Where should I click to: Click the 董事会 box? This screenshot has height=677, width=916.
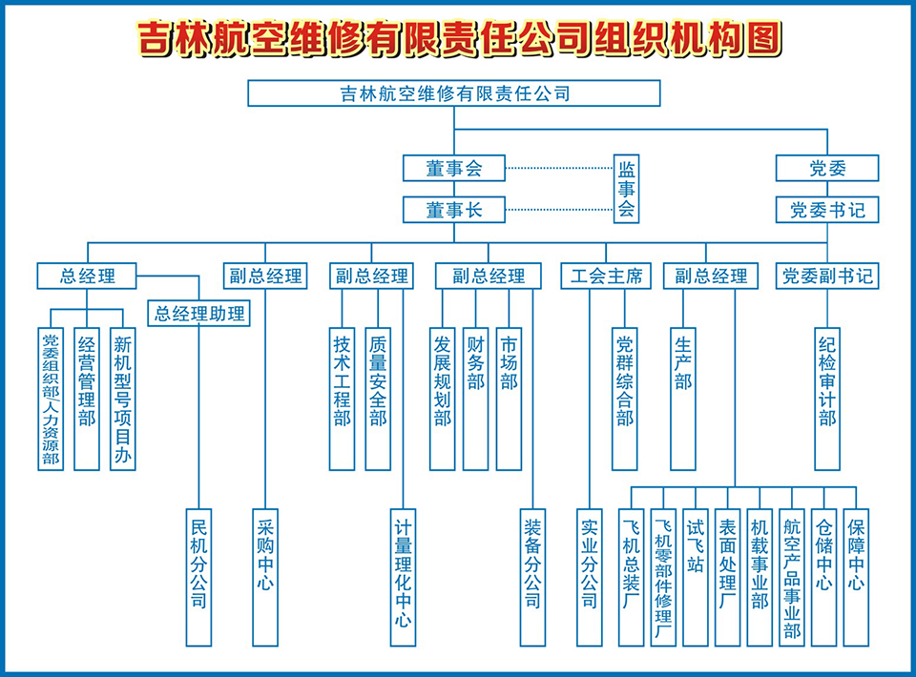453,168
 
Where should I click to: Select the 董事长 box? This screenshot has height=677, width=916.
453,210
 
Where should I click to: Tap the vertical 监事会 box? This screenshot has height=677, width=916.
626,190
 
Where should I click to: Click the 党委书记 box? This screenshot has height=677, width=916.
826,210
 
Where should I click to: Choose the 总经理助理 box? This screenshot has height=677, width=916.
199,313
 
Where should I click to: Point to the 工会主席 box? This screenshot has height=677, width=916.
606,277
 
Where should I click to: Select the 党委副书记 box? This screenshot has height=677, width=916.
826,277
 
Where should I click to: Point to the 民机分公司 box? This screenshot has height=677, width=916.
198,576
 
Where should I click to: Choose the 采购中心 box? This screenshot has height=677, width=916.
264,576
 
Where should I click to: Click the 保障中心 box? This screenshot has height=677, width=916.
856,565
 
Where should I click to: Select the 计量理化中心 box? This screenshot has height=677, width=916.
404,576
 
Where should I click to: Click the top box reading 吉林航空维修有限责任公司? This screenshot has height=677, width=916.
453,93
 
